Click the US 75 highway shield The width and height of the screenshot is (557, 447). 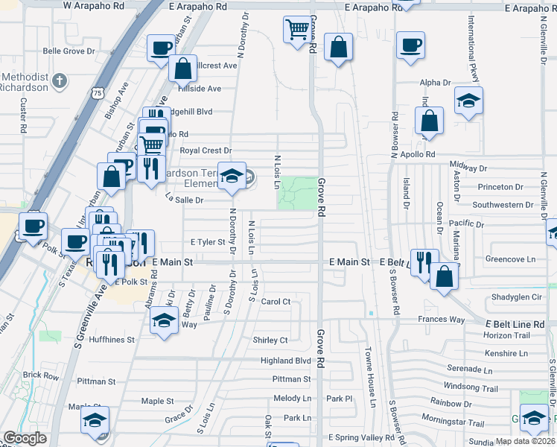[x=98, y=92]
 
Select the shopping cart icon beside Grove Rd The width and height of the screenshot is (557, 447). [x=296, y=30]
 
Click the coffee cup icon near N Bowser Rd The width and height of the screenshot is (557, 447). [x=410, y=45]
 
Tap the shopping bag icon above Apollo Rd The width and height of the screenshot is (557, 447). [x=430, y=121]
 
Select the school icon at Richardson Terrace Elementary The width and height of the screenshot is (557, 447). [x=231, y=177]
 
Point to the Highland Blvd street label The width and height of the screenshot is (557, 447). [x=285, y=361]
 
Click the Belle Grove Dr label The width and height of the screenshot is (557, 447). [x=69, y=51]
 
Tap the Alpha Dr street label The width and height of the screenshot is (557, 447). [x=436, y=83]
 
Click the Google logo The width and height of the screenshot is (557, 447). [x=25, y=438]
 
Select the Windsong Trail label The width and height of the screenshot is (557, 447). [x=471, y=388]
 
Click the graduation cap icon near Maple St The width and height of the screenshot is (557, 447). [x=95, y=420]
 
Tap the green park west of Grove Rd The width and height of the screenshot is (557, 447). [x=296, y=194]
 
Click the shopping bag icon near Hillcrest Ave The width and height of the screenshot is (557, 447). [x=182, y=69]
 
